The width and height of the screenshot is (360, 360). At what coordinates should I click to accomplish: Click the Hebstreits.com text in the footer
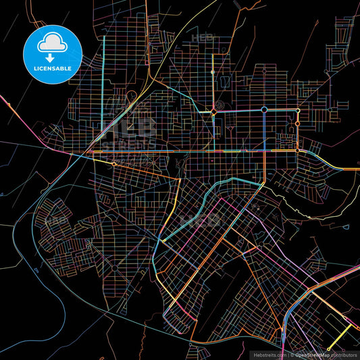(269, 354)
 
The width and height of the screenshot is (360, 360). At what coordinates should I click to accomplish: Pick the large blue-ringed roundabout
(265, 109)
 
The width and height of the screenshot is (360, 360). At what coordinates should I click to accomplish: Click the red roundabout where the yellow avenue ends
(213, 111)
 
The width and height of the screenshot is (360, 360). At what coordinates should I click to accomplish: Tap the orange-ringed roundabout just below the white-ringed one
(297, 124)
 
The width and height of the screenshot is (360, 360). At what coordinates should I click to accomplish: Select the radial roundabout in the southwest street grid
(114, 267)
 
